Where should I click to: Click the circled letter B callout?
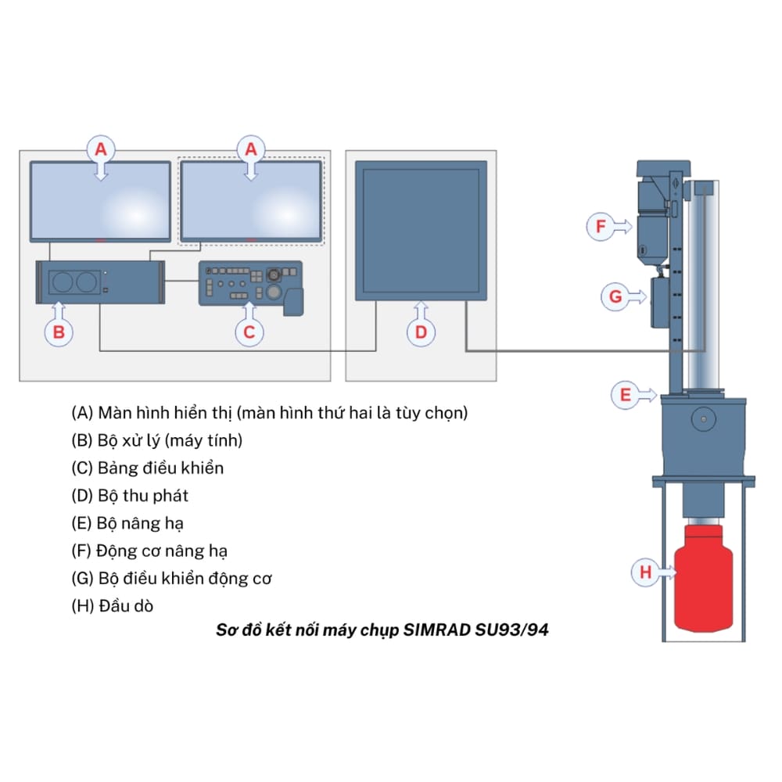59,332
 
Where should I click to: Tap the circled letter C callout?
249,332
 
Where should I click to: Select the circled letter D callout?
421,332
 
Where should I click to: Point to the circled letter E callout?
626,395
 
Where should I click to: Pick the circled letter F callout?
601,227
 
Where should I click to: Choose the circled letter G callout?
615,296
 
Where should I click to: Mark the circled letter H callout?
645,572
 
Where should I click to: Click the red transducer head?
703,578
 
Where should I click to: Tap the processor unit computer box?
100,282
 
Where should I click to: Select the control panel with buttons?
251,286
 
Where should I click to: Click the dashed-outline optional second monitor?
251,201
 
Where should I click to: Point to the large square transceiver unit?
421,231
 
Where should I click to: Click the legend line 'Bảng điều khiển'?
148,468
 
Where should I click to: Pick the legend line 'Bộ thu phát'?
130,495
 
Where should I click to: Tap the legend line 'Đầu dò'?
112,605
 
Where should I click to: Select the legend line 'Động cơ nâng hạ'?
149,551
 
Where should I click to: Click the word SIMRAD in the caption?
436,630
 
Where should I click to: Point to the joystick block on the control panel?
293,303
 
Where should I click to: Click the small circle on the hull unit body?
704,419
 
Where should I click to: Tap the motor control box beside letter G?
659,302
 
